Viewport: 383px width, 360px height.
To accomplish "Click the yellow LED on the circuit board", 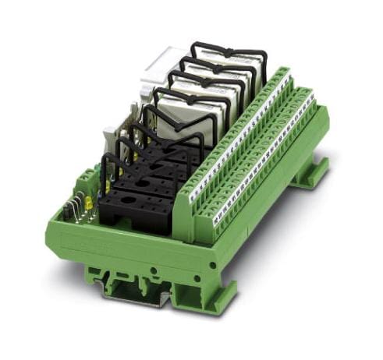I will click(88, 204).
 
